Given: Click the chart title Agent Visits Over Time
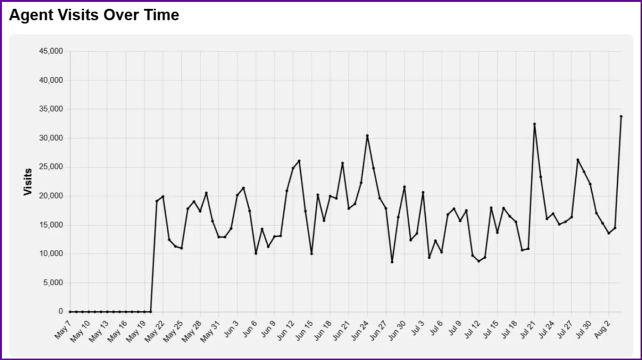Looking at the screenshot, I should pos(94,15).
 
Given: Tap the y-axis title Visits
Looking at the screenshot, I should pos(28,182).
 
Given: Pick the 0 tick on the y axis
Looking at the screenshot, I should pos(61,311).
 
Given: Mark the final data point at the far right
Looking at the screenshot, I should pos(621,116).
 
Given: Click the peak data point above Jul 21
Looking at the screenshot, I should pos(534,124).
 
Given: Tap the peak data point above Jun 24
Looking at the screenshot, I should pos(367,135).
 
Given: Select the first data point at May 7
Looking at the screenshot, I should pos(70,311).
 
